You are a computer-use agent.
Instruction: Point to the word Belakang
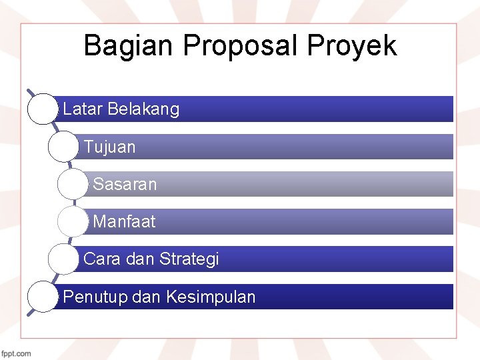point(143,109)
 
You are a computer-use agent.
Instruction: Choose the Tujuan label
point(109,147)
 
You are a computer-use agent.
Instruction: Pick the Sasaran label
point(125,184)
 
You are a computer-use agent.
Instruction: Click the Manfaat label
point(124,221)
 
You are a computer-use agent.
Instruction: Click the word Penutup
point(95,297)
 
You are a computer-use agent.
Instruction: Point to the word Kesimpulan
point(211,297)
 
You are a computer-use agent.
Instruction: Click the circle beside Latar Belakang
point(43,109)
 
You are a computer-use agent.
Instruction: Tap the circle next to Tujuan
point(64,147)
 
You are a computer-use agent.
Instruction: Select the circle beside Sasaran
point(73,184)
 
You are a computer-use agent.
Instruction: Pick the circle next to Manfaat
point(73,221)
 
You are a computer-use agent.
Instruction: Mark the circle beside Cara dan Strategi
point(64,259)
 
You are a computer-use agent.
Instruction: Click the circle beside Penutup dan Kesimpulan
point(43,297)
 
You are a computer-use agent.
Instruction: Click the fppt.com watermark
point(16,353)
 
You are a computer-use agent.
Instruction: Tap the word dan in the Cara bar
point(139,259)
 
